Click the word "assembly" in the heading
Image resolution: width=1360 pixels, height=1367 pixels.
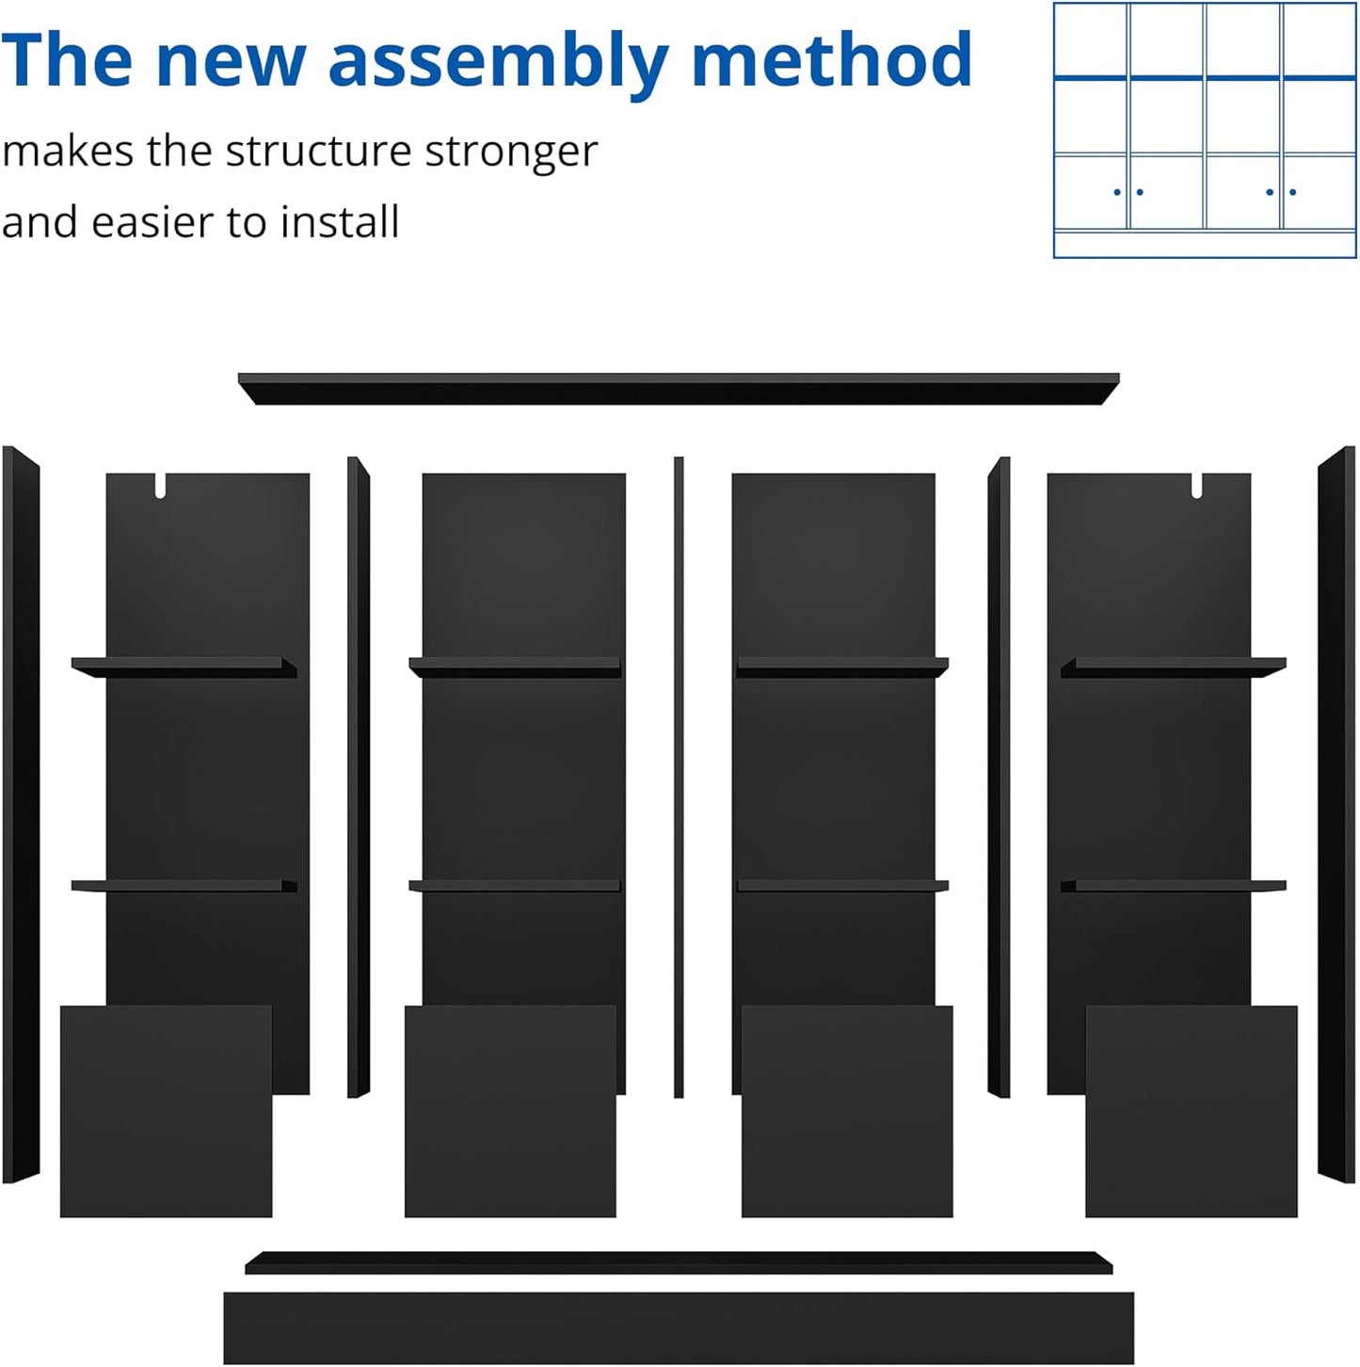click(497, 62)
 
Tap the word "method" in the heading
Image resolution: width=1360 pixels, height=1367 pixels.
click(831, 60)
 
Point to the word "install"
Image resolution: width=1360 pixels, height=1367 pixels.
click(340, 223)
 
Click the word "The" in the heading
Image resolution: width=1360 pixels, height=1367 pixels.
click(67, 60)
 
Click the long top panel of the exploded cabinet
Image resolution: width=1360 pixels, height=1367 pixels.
click(678, 389)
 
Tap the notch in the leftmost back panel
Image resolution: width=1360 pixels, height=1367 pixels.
click(160, 486)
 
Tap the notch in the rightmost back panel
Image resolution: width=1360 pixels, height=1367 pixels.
click(1196, 486)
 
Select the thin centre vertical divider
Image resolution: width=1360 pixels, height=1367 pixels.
click(679, 777)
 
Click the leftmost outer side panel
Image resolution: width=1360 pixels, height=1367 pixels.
click(20, 814)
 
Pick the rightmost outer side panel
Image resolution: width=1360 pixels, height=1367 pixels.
click(1336, 814)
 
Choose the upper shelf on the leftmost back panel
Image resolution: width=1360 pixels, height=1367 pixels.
click(184, 667)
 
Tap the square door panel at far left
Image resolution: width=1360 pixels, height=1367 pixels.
click(166, 1111)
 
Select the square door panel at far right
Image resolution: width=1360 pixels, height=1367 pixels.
click(1191, 1111)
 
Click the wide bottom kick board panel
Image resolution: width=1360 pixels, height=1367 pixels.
click(678, 1327)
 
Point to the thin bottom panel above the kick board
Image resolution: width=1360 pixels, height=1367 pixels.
click(678, 1262)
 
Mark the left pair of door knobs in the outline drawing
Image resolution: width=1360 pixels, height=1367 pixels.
click(1128, 192)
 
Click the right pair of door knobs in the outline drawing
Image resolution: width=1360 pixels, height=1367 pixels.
click(1281, 192)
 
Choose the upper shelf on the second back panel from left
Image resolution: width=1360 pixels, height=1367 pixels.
click(515, 667)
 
